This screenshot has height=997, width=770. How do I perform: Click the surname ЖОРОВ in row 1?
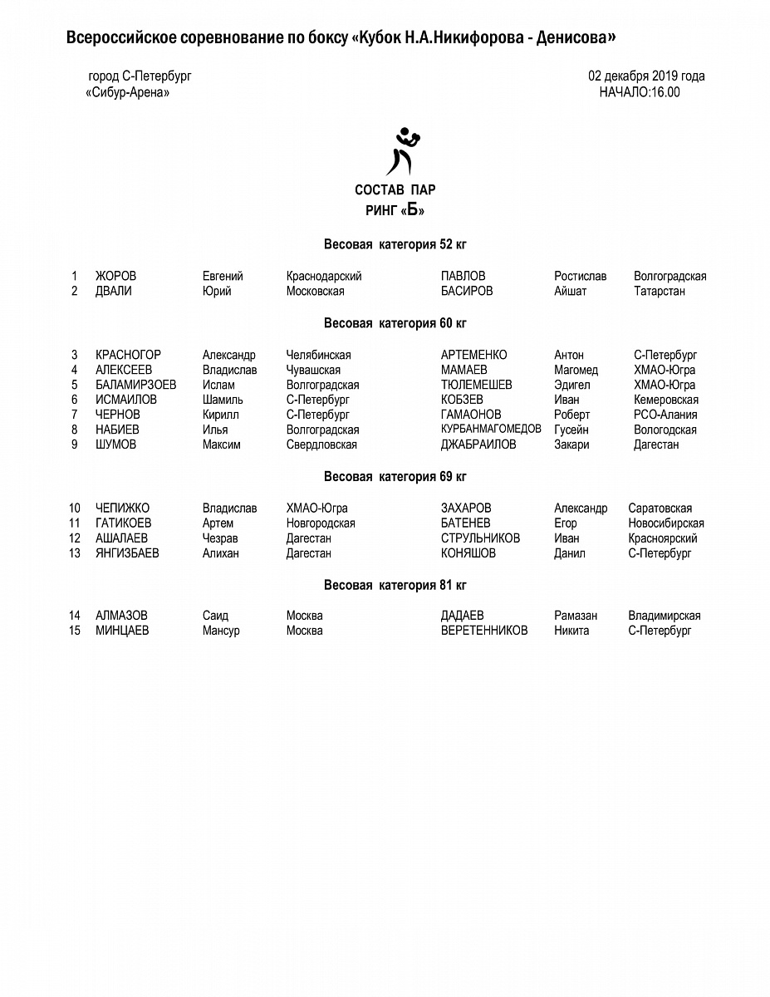click(x=115, y=276)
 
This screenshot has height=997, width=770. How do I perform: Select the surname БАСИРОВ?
click(x=467, y=291)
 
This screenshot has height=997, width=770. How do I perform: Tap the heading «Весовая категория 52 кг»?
click(x=395, y=244)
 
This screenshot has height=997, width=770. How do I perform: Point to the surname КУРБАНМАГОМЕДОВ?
click(x=491, y=429)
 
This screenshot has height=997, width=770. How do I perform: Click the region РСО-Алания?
click(x=665, y=415)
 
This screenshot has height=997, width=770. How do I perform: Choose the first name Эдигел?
click(x=572, y=385)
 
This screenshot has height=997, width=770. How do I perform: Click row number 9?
click(x=74, y=444)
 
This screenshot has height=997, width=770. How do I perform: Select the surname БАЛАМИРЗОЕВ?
click(x=135, y=385)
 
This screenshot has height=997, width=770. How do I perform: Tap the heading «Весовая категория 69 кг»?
click(x=395, y=476)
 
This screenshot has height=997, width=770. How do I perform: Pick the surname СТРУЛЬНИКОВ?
click(x=480, y=538)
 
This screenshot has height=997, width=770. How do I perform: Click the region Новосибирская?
click(x=666, y=523)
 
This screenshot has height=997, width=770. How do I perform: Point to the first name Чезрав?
click(x=220, y=538)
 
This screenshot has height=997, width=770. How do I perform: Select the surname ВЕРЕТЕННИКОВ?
click(x=484, y=631)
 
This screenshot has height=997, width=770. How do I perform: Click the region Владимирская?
click(x=665, y=616)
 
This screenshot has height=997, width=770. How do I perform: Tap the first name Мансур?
click(x=221, y=631)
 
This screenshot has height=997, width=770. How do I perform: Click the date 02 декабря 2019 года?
click(x=647, y=76)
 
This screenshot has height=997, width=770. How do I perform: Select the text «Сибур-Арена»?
click(x=128, y=92)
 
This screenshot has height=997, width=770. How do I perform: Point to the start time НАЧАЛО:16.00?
click(x=640, y=92)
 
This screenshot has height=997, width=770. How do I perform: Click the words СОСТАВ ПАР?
click(x=395, y=189)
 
